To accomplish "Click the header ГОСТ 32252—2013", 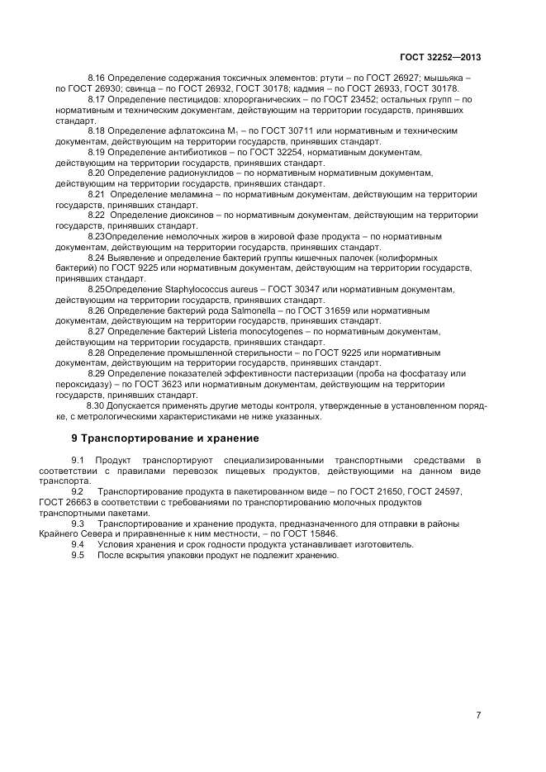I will [x=439, y=58].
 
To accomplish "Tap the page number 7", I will [x=478, y=715].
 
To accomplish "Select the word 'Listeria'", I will [x=205, y=331].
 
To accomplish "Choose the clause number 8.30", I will [x=95, y=406].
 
